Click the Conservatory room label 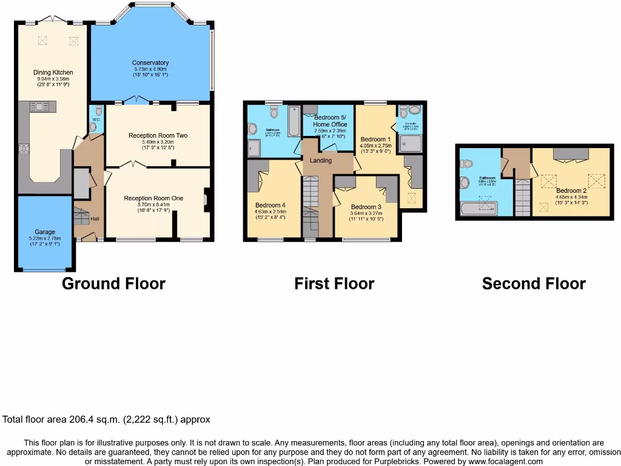151,62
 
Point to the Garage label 45,232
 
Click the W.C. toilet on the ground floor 94,126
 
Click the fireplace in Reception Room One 206,200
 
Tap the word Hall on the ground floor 95,218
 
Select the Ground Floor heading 113,283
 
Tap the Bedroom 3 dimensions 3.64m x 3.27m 368,214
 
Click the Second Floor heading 534,283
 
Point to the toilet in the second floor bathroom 466,164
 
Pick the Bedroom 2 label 571,191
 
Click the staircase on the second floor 522,197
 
